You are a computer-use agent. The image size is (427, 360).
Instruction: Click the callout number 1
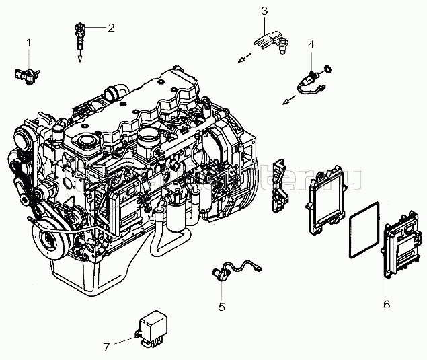pyautogui.click(x=29, y=43)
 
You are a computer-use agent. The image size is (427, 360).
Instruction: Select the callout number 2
pyautogui.click(x=112, y=28)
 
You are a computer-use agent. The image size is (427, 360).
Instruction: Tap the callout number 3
pyautogui.click(x=264, y=10)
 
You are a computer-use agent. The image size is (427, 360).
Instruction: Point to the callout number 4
pyautogui.click(x=311, y=44)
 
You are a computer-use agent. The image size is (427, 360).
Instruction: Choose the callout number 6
pyautogui.click(x=387, y=304)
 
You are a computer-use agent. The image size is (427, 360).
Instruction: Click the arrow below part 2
pyautogui.click(x=79, y=59)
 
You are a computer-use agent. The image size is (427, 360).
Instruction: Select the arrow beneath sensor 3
pyautogui.click(x=240, y=61)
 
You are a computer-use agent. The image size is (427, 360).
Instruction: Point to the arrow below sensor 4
pyautogui.click(x=287, y=101)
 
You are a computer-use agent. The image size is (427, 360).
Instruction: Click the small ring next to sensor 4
pyautogui.click(x=328, y=68)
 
